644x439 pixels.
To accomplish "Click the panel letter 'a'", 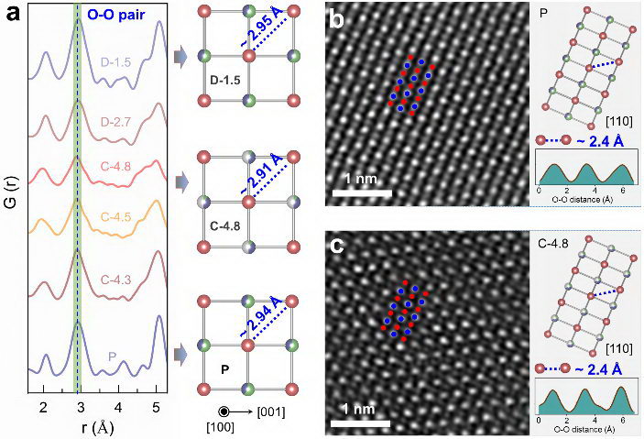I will tap(15, 16).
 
